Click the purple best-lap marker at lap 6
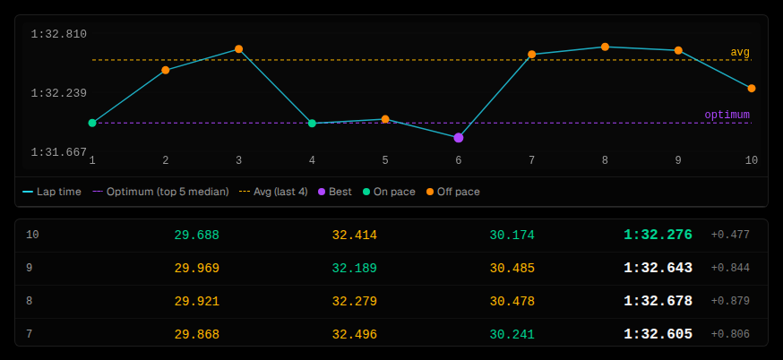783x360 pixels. click(459, 138)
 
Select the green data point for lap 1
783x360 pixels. click(92, 123)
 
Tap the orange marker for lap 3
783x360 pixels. click(238, 49)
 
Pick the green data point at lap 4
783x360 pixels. click(312, 124)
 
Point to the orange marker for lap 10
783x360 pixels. click(752, 89)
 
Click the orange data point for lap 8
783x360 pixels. click(605, 47)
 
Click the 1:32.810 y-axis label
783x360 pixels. click(59, 34)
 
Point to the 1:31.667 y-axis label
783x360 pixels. click(59, 151)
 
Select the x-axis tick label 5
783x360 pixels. click(385, 160)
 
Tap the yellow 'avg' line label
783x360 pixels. click(740, 53)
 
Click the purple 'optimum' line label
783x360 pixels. click(727, 115)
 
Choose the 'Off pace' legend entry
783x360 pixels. click(453, 192)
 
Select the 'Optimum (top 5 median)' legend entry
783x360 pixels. click(160, 192)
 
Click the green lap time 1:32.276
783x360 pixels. click(658, 235)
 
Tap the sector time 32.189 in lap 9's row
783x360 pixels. click(355, 268)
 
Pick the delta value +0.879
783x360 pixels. click(730, 301)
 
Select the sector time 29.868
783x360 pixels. click(197, 335)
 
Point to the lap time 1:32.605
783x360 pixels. click(658, 334)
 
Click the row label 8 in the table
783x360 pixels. click(29, 301)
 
